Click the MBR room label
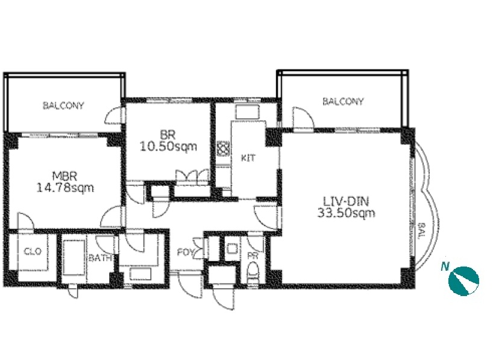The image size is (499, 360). pos(64,176)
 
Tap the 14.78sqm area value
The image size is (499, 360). pos(65,188)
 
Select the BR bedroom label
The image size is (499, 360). pos(168,135)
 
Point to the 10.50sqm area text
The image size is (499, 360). pos(168,147)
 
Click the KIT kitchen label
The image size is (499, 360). pos(248,158)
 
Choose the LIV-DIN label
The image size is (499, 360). pos(346,201)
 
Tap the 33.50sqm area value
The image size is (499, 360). pos(347,213)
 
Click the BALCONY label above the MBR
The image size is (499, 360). pos(63,106)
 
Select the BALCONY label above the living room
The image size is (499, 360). pos(343,101)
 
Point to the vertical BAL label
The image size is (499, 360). pos(421,231)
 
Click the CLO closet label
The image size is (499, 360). pos(33,251)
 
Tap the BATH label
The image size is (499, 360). pos(100,258)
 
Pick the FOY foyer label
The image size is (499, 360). pos(185,253)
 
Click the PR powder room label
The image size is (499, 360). pos(253,256)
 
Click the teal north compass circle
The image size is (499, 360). pos(463,281)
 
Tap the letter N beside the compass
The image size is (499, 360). pos(445,266)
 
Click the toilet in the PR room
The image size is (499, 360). pos(254,272)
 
